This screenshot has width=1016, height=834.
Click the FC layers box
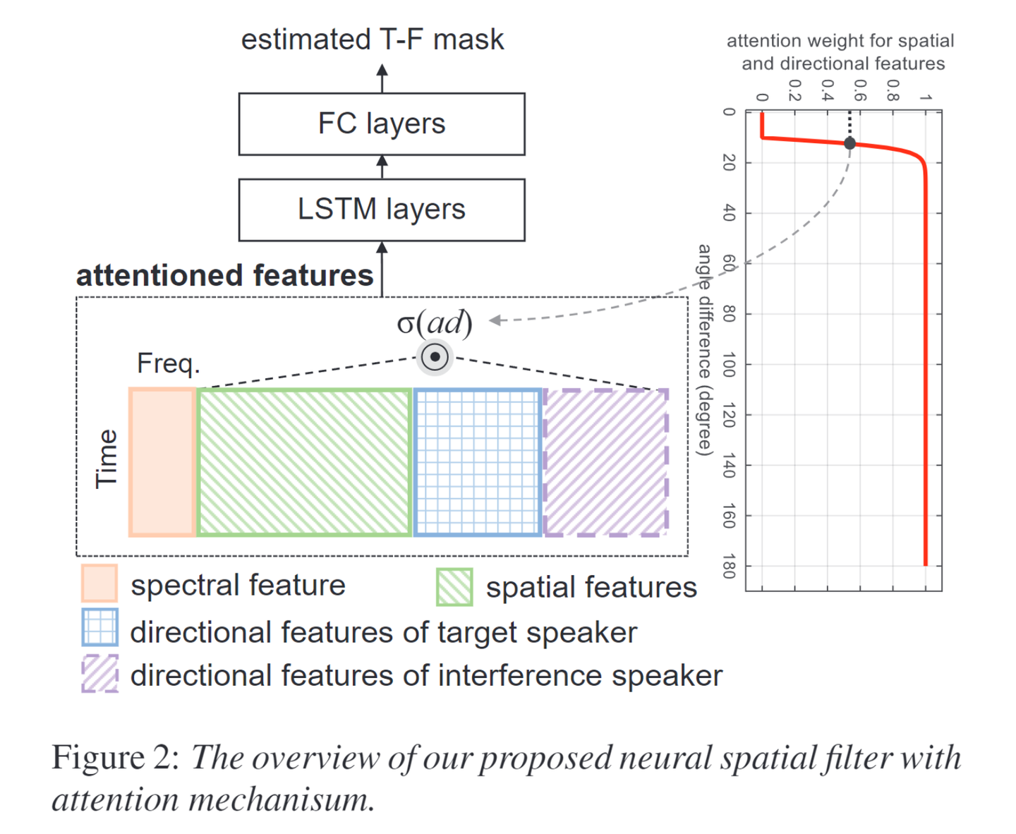click(382, 124)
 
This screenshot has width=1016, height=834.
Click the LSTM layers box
click(382, 210)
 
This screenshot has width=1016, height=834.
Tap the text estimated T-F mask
click(373, 40)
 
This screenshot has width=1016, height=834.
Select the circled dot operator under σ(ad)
click(435, 357)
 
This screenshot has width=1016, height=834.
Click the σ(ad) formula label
click(435, 323)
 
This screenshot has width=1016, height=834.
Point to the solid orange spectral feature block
click(162, 462)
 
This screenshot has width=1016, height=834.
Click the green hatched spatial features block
click(304, 462)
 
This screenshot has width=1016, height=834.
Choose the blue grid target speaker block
click(478, 462)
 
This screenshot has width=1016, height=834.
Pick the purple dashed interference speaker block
click(606, 462)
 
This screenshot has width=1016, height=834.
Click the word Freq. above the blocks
click(169, 363)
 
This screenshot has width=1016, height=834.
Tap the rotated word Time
click(107, 459)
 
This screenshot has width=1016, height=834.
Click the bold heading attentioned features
click(224, 275)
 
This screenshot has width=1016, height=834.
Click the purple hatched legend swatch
click(99, 673)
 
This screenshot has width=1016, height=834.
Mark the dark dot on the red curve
click(850, 143)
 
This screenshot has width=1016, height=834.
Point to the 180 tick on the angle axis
click(730, 566)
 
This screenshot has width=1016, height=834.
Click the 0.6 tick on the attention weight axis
click(859, 90)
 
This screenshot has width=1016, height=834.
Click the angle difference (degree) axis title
click(704, 349)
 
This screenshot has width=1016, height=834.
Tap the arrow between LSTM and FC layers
click(382, 167)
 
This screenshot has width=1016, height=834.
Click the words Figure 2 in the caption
click(116, 758)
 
